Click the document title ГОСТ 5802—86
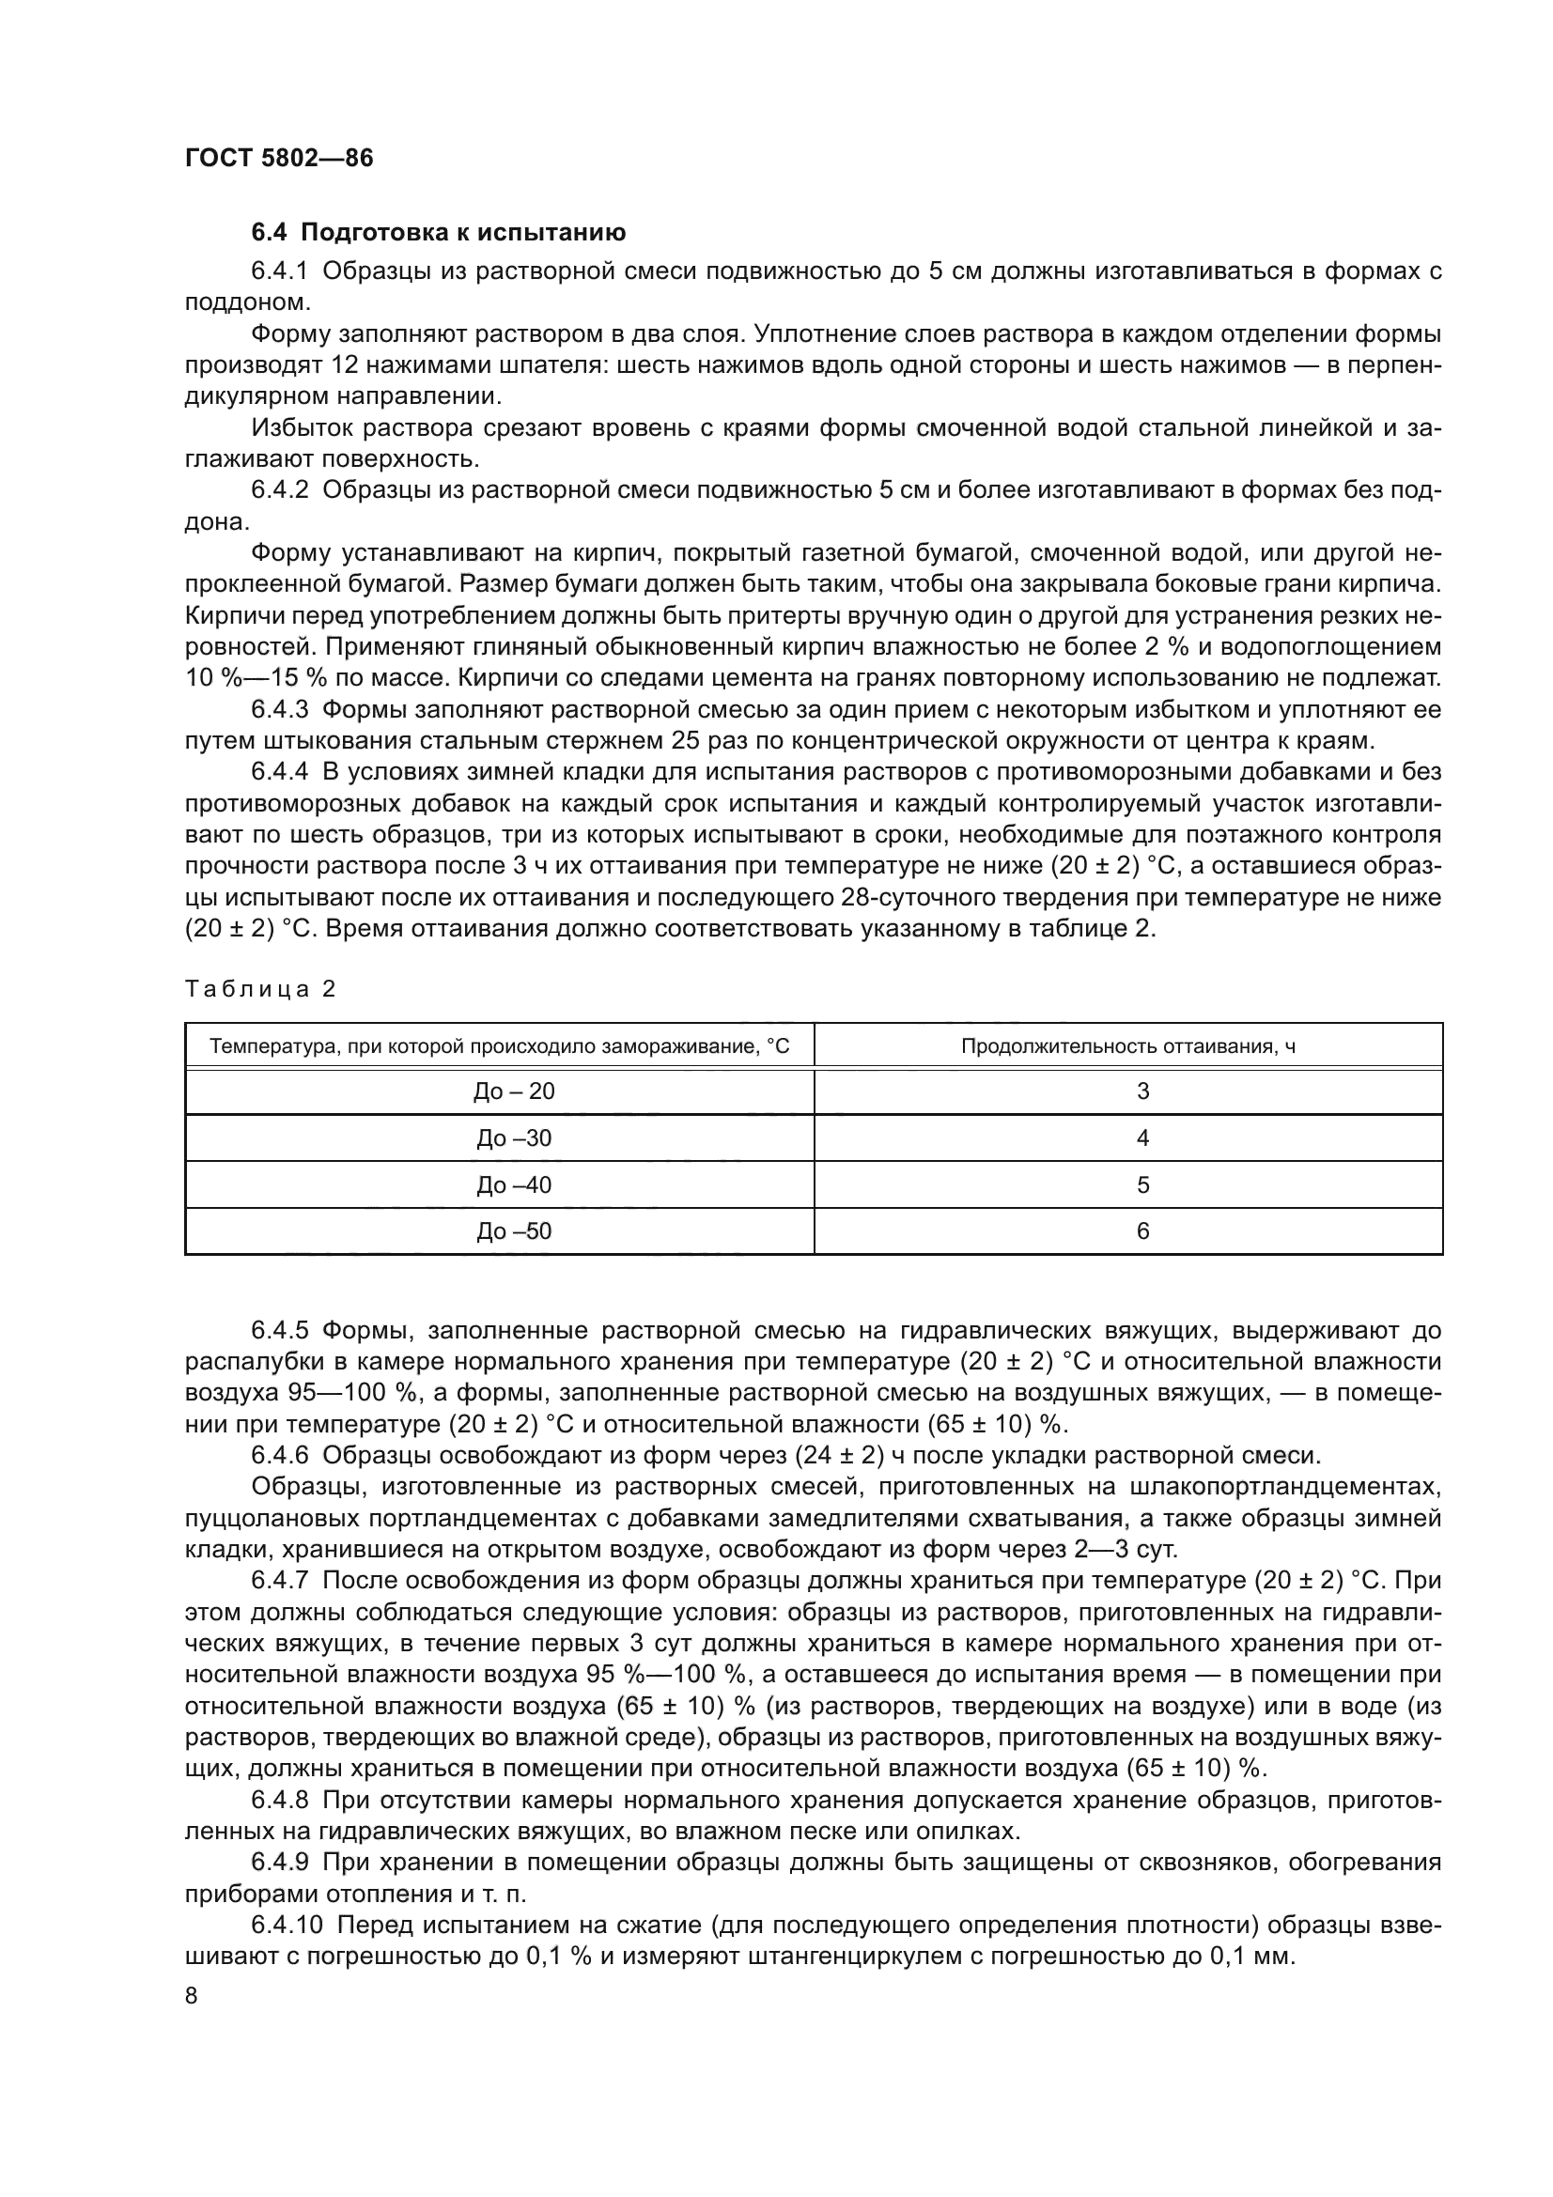278,158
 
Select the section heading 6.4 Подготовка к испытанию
438,233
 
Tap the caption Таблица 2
260,989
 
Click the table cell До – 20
514,1091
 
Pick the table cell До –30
514,1138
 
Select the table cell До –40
514,1185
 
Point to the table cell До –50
514,1231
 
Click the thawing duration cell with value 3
1142,1091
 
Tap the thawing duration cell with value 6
1142,1231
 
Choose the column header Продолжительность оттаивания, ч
1128,1046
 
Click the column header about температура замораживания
500,1046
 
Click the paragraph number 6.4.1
279,271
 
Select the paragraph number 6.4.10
287,1924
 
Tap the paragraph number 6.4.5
279,1332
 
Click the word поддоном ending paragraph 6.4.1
247,302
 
